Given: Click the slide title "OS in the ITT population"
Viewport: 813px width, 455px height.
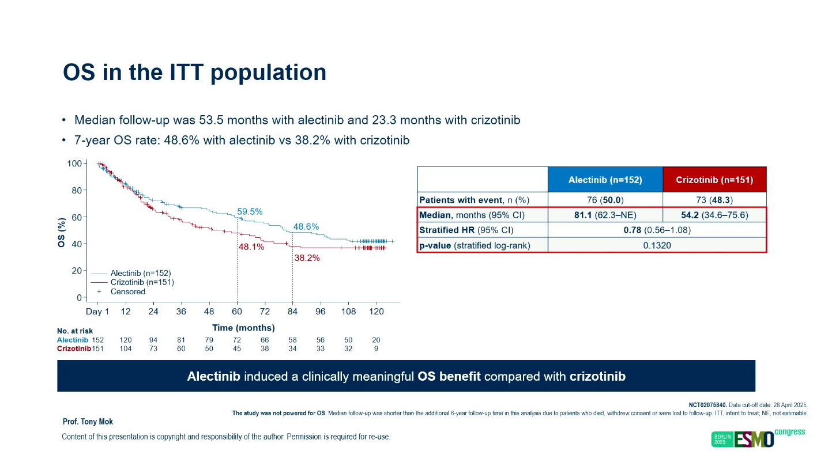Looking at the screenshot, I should click(x=194, y=73).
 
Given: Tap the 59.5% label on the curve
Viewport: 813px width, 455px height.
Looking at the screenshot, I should click(x=250, y=211).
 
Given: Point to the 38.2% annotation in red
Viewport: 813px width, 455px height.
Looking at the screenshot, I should click(x=307, y=258).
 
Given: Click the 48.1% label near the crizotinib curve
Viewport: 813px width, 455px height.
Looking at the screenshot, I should click(x=251, y=247).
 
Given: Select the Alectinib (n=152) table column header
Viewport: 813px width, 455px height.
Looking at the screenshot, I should click(x=605, y=180).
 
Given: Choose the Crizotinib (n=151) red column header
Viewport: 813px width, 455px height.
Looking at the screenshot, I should click(x=714, y=180).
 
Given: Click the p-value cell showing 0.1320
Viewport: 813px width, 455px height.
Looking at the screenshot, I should click(x=657, y=245).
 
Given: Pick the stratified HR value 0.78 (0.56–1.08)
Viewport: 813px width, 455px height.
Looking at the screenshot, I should click(x=657, y=230).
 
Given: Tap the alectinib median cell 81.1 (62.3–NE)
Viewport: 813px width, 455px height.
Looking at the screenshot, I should click(x=605, y=215).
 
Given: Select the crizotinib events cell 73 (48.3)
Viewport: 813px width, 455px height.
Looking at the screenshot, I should click(x=714, y=200).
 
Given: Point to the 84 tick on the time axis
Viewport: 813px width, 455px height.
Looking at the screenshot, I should click(x=292, y=312).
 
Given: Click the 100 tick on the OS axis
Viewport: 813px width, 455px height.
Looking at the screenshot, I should click(x=74, y=164).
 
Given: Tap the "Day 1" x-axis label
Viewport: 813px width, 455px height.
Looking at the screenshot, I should click(x=97, y=312).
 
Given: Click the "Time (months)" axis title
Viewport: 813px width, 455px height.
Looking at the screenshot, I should click(x=243, y=328).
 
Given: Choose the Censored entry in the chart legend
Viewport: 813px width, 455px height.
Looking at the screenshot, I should click(x=127, y=291).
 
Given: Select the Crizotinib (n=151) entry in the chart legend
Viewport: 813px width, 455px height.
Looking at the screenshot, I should click(x=142, y=282).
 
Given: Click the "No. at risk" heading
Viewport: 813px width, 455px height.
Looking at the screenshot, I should click(x=75, y=331).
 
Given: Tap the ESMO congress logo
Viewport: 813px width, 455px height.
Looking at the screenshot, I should click(x=758, y=438).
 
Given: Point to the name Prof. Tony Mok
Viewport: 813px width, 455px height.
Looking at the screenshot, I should click(x=88, y=422).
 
